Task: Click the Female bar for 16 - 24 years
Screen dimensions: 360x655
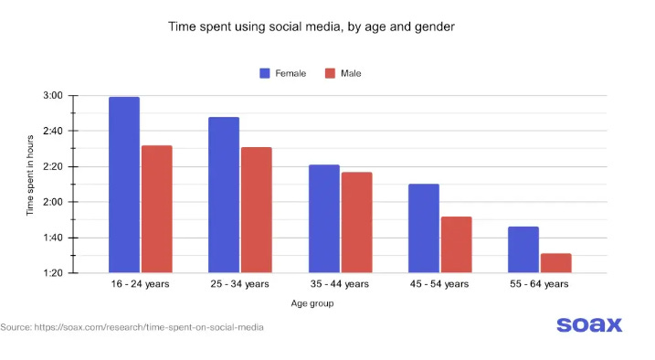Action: pyautogui.click(x=123, y=185)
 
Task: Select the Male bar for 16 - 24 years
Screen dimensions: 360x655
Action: pyautogui.click(x=156, y=209)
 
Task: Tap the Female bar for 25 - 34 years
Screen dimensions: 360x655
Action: pyautogui.click(x=224, y=195)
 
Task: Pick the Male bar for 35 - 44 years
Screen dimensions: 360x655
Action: pyautogui.click(x=356, y=222)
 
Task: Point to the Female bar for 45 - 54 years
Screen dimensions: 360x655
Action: pyautogui.click(x=424, y=228)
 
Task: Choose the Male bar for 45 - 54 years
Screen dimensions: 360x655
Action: pyautogui.click(x=456, y=245)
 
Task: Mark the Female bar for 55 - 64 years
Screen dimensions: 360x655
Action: pyautogui.click(x=523, y=249)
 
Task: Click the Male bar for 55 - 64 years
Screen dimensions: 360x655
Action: pyautogui.click(x=555, y=263)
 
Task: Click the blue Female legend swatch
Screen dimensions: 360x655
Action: pyautogui.click(x=265, y=73)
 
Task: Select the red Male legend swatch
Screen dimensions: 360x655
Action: pyautogui.click(x=331, y=73)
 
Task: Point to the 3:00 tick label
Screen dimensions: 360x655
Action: pyautogui.click(x=53, y=96)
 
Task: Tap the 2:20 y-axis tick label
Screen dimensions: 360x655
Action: pyautogui.click(x=53, y=167)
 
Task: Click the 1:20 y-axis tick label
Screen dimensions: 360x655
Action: pyautogui.click(x=53, y=273)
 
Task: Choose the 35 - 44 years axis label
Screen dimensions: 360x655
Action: pyautogui.click(x=340, y=285)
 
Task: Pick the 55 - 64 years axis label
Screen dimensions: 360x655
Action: pyautogui.click(x=539, y=285)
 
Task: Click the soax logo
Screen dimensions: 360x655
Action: pyautogui.click(x=588, y=324)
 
